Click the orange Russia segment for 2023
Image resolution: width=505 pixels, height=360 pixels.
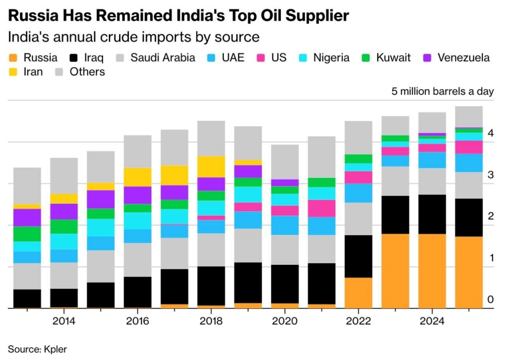click(395, 271)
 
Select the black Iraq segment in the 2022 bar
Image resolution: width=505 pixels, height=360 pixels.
click(358, 256)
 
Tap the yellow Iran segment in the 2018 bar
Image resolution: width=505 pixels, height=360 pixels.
click(211, 167)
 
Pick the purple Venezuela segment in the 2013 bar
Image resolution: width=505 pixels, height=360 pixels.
click(27, 217)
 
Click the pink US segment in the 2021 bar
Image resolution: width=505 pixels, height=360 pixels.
click(321, 208)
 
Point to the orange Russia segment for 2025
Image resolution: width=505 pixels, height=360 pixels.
click(469, 272)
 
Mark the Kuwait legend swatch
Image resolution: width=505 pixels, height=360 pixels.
click(365, 58)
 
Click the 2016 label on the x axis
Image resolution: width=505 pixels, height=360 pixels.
click(138, 321)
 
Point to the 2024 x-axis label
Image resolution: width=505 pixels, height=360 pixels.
click(432, 321)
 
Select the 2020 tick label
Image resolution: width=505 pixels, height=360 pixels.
click(285, 321)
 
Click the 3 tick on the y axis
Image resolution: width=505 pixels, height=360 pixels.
click(490, 175)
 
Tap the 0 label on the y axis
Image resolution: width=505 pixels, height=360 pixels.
click(490, 299)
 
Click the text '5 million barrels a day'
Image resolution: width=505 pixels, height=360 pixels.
click(442, 91)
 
